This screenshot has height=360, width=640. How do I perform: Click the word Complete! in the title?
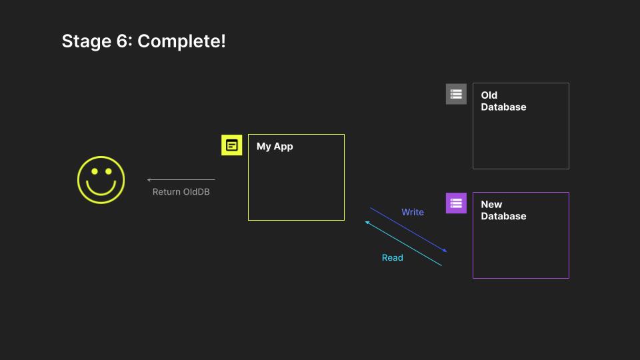tap(182, 41)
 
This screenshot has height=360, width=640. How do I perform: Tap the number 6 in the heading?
tap(127, 41)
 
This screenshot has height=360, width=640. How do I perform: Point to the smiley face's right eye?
tap(108, 172)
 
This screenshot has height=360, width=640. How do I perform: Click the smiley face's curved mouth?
tap(101, 188)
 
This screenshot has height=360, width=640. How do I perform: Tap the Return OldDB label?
tap(181, 192)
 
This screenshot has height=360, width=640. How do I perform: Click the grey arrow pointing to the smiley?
tap(181, 179)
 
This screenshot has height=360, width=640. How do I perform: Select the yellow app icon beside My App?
tap(231, 145)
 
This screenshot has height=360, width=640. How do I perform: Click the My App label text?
tap(275, 147)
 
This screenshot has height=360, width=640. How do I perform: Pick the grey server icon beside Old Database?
tap(456, 94)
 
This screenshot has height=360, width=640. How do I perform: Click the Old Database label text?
tap(503, 101)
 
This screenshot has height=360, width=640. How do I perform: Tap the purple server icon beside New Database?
tap(456, 203)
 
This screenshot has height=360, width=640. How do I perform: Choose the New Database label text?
tap(503, 211)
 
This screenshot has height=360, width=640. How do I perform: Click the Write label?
tap(412, 212)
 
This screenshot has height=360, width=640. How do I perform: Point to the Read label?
tap(392, 258)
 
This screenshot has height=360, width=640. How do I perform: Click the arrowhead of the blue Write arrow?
tap(445, 251)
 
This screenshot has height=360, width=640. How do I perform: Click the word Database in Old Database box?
tap(503, 107)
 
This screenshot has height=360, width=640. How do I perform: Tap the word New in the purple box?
tap(491, 205)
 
